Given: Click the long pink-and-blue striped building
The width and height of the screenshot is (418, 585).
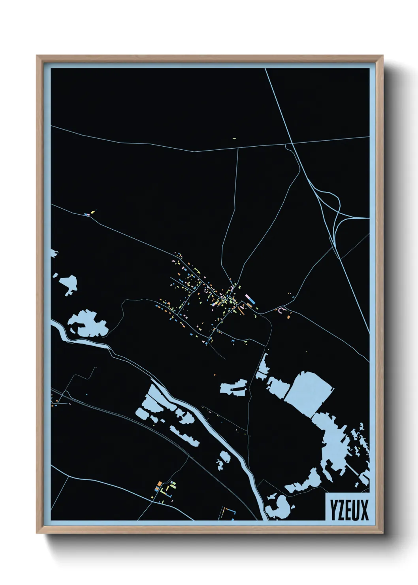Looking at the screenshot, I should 250,299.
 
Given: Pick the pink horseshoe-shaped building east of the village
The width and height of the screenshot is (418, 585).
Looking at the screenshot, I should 281,310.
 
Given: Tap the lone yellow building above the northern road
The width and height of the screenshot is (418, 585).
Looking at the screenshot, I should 234,139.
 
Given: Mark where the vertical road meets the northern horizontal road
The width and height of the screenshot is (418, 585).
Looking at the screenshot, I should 238,147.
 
